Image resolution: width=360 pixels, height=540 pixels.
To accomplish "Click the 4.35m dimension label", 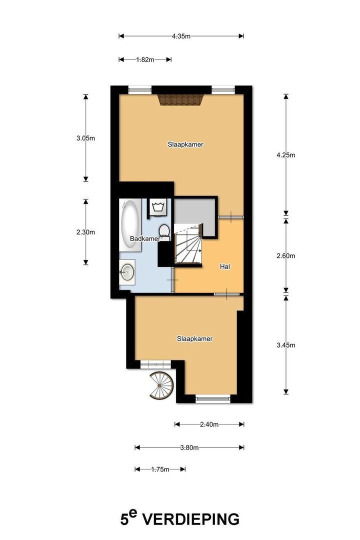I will click(181, 36).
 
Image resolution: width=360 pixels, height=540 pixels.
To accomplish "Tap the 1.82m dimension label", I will click(145, 59).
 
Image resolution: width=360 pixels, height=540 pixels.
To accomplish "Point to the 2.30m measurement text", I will click(85, 232).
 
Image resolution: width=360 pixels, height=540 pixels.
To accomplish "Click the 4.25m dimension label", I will click(286, 154).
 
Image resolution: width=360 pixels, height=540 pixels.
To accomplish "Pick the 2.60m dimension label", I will click(286, 255).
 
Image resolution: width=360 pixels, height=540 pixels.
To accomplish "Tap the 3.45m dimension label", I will click(286, 345).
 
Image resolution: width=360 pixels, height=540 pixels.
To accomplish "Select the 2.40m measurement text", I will click(209, 424).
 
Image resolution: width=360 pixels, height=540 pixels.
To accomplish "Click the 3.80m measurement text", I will click(189, 447).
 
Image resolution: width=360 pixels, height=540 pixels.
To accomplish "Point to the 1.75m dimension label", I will click(160, 469).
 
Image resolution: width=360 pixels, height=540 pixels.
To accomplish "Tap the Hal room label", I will click(225, 267).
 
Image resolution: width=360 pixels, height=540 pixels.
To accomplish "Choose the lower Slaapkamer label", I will click(195, 338).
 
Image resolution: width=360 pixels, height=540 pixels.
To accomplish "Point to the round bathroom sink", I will click(127, 272).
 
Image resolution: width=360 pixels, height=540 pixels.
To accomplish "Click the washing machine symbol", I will click(158, 206).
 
